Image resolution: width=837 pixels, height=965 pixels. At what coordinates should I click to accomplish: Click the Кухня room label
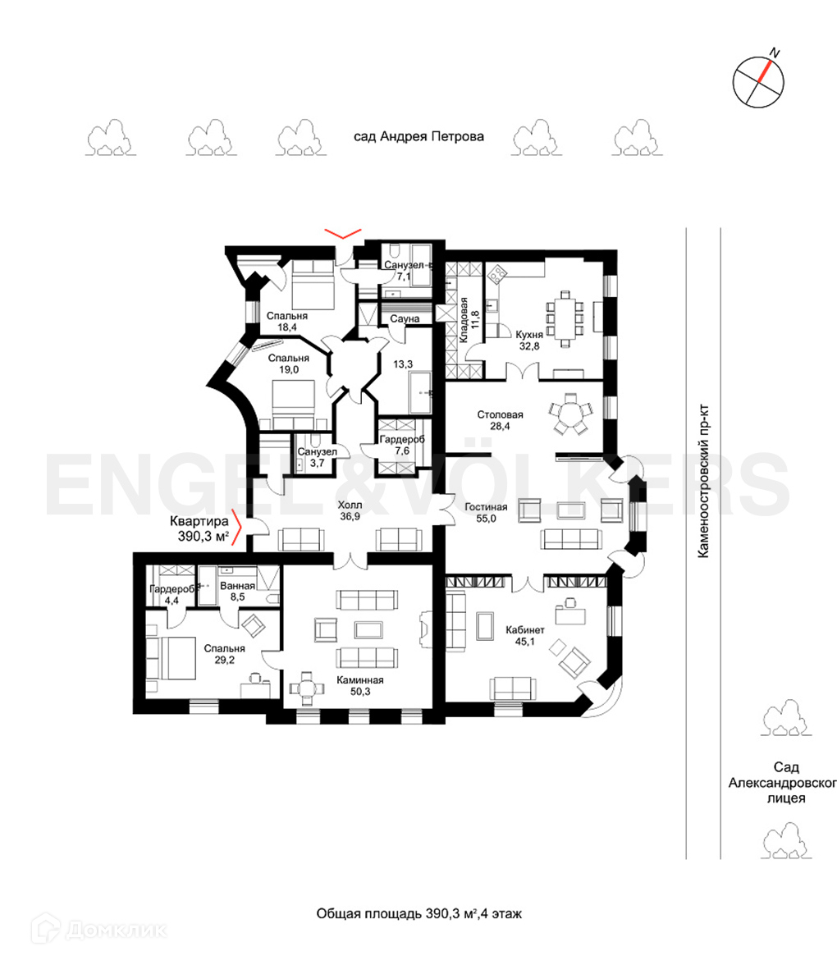pyautogui.click(x=529, y=341)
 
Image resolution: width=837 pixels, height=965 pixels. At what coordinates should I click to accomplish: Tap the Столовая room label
pyautogui.click(x=500, y=420)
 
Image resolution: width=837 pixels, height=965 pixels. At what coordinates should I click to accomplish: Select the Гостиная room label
pyautogui.click(x=486, y=513)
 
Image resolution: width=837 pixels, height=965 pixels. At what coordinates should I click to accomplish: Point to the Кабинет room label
pyautogui.click(x=525, y=636)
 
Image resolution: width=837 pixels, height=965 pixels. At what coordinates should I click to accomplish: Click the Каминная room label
pyautogui.click(x=360, y=686)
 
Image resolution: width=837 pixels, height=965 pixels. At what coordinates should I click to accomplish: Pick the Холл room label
pyautogui.click(x=350, y=510)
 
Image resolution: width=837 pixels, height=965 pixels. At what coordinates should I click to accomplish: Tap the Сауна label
pyautogui.click(x=405, y=318)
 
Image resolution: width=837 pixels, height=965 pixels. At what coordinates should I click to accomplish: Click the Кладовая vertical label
pyautogui.click(x=469, y=320)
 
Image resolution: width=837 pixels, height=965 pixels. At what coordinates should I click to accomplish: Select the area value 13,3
pyautogui.click(x=402, y=364)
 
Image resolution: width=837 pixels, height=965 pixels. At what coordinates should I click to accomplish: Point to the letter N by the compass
pyautogui.click(x=775, y=53)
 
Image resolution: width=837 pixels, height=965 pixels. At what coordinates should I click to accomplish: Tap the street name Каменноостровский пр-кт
pyautogui.click(x=703, y=481)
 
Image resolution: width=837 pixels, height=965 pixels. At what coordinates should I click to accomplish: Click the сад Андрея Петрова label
pyautogui.click(x=418, y=136)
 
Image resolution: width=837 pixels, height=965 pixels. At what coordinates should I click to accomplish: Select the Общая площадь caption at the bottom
pyautogui.click(x=418, y=913)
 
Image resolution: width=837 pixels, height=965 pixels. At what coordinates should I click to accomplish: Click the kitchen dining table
pyautogui.click(x=565, y=318)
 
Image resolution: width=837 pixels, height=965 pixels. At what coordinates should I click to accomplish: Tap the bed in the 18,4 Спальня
pyautogui.click(x=313, y=284)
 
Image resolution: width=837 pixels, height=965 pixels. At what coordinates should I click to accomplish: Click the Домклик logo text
pyautogui.click(x=116, y=929)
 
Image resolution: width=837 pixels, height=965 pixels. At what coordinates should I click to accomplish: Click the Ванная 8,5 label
pyautogui.click(x=238, y=592)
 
